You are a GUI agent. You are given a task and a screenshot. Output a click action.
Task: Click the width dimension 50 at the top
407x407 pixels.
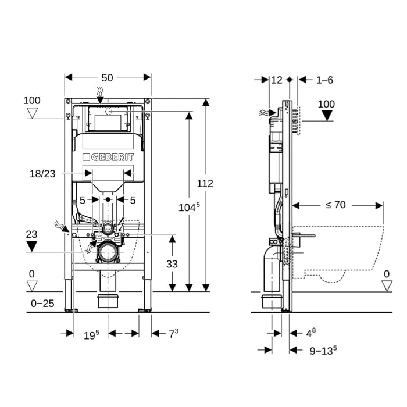click(x=107, y=77)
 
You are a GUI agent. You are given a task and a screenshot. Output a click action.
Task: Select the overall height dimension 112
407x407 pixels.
click(x=205, y=184)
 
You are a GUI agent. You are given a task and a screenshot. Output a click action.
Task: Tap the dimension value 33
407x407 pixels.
click(x=172, y=263)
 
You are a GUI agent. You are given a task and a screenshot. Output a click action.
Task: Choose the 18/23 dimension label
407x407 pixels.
click(x=44, y=173)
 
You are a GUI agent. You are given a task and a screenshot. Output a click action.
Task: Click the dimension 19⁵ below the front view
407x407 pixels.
click(x=91, y=334)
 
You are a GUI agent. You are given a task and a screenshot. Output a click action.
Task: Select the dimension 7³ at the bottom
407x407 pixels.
click(x=173, y=334)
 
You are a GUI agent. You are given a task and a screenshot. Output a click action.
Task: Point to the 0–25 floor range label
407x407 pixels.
click(x=42, y=304)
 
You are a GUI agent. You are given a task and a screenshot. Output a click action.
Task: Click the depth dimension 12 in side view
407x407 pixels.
click(x=277, y=80)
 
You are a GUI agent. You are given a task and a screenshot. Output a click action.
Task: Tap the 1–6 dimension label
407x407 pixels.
click(x=324, y=80)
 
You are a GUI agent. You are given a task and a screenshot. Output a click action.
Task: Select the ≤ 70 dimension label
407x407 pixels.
click(x=335, y=204)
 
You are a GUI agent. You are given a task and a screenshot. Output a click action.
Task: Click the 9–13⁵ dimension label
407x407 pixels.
click(x=323, y=350)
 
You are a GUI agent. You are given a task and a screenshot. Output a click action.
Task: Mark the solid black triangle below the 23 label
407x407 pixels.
click(x=32, y=246)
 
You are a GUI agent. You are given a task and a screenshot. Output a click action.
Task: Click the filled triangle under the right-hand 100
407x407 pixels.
click(x=327, y=115)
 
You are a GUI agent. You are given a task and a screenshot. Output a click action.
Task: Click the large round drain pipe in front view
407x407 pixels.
click(x=107, y=252)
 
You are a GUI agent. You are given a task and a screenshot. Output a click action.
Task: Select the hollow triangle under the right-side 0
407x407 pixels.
click(x=387, y=285)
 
